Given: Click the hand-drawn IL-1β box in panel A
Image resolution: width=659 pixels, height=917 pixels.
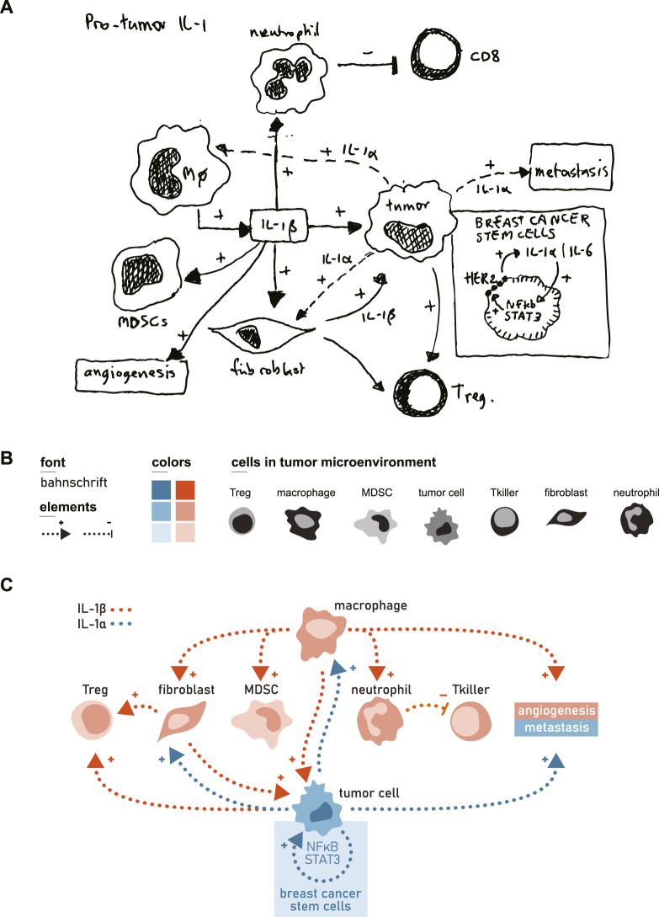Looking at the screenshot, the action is click(x=279, y=225).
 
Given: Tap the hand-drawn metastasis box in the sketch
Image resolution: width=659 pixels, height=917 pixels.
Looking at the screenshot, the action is click(x=571, y=168).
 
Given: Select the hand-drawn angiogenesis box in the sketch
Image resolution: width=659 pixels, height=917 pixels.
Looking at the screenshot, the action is click(x=131, y=375).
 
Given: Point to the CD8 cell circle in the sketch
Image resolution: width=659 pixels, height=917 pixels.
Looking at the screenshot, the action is click(x=435, y=55).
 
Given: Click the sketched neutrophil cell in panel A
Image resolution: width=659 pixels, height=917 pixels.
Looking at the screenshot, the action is click(x=289, y=77).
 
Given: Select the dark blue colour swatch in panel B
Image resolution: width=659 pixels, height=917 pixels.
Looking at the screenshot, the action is click(x=162, y=490).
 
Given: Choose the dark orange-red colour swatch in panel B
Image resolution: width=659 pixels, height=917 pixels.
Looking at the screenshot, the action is click(x=185, y=490).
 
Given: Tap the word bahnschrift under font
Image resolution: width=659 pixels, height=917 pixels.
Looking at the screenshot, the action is click(x=74, y=482).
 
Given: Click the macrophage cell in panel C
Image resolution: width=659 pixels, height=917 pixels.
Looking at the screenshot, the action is click(x=322, y=632).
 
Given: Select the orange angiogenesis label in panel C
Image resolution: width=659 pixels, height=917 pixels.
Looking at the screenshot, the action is click(x=556, y=711).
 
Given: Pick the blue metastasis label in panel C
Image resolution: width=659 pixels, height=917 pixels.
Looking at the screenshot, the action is click(x=556, y=728).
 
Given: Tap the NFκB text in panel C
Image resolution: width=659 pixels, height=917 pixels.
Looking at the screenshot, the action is click(x=322, y=847).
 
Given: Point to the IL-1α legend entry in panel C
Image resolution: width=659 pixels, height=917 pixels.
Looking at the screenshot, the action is click(x=104, y=624).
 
